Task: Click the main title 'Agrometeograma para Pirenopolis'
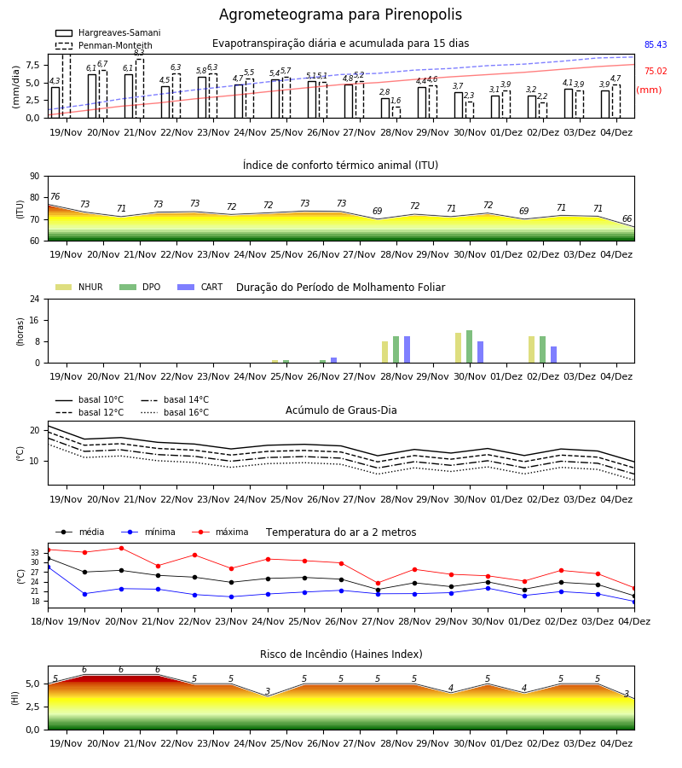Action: tap(340, 15)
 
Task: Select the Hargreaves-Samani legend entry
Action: tap(107, 32)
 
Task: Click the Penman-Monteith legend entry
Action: tap(104, 45)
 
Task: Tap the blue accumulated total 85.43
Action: tap(656, 44)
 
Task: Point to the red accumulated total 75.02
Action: tap(656, 71)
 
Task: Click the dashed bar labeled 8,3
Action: tap(140, 89)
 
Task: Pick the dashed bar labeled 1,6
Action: tap(396, 113)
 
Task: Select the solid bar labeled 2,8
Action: tap(385, 108)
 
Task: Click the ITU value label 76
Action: tap(55, 196)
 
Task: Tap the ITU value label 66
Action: tap(627, 218)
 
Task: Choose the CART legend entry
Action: tap(199, 287)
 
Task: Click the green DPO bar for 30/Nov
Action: tap(469, 346)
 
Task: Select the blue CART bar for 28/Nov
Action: tap(407, 350)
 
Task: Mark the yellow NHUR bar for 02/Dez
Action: tap(532, 350)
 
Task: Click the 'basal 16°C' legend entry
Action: tap(175, 412)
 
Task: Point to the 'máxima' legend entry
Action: tap(220, 532)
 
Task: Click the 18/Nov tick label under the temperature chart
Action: tap(48, 621)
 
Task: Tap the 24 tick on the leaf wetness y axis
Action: tap(35, 299)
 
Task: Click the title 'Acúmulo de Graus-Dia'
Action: tap(341, 410)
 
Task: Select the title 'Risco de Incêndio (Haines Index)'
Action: tap(341, 655)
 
